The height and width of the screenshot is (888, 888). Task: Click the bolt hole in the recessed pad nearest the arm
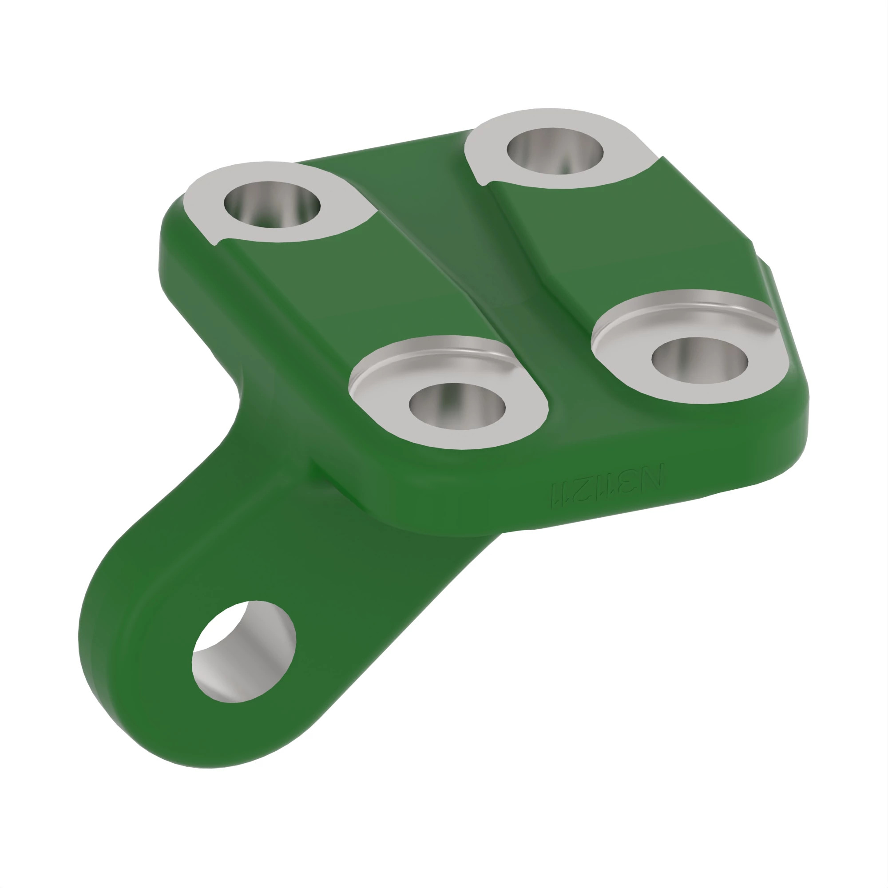tap(457, 406)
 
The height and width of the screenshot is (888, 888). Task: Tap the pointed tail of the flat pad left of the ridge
tap(216, 241)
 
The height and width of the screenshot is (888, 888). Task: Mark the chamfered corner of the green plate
tap(761, 258)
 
